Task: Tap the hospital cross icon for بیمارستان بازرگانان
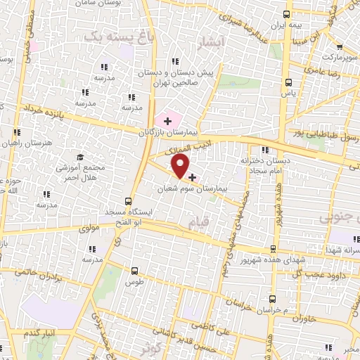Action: [167, 121]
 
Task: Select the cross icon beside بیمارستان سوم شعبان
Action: [192, 177]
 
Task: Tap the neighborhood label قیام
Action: [199, 222]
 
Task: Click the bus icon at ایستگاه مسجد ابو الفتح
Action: [127, 201]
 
